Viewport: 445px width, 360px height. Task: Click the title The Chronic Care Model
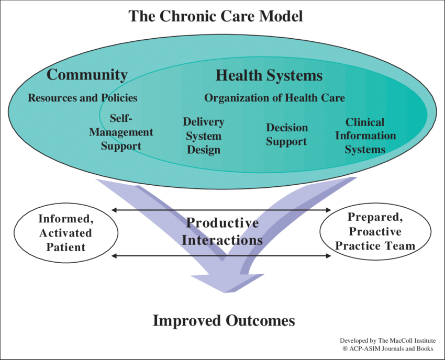(x=216, y=16)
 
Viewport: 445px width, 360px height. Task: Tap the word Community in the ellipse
(x=87, y=75)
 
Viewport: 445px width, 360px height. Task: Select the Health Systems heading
(x=269, y=76)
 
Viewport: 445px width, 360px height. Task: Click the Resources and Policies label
(x=83, y=98)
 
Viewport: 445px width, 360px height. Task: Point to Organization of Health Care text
(x=274, y=98)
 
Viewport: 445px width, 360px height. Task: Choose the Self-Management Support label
(x=121, y=132)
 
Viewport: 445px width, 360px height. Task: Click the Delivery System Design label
(x=203, y=136)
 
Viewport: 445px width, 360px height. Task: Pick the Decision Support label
(x=286, y=134)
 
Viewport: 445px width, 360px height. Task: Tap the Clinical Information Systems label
(x=365, y=136)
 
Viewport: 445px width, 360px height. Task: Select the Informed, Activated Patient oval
(x=65, y=233)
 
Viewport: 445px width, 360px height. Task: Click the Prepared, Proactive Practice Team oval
(x=375, y=231)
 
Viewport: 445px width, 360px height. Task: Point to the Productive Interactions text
(x=222, y=232)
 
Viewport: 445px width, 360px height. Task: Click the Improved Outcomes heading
(x=224, y=320)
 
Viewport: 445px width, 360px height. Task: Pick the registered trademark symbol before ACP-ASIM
(x=346, y=348)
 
